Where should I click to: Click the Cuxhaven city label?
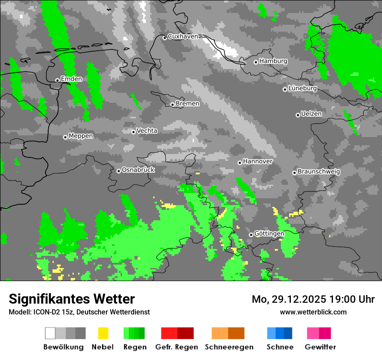coord(183,36)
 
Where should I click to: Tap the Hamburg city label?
coord(273,61)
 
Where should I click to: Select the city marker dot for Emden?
coord(57,80)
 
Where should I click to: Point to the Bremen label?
coord(188,104)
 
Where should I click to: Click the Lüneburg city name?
coord(303,88)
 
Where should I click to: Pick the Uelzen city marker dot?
coord(298,115)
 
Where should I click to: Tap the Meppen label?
coord(81,136)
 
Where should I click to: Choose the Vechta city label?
coord(147,131)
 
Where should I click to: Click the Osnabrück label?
coord(138,170)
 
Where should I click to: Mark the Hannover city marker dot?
coord(240,163)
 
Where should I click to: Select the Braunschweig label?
coord(319,171)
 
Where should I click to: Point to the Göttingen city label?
coord(269,233)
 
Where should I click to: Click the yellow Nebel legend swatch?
coord(103,333)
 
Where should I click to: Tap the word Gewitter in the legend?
coord(320,347)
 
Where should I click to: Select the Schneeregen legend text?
coord(229,347)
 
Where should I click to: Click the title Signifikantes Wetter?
coord(72,299)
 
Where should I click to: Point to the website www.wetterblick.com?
coord(313,312)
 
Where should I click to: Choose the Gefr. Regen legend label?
coord(176,347)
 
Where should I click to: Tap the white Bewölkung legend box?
coord(50,333)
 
